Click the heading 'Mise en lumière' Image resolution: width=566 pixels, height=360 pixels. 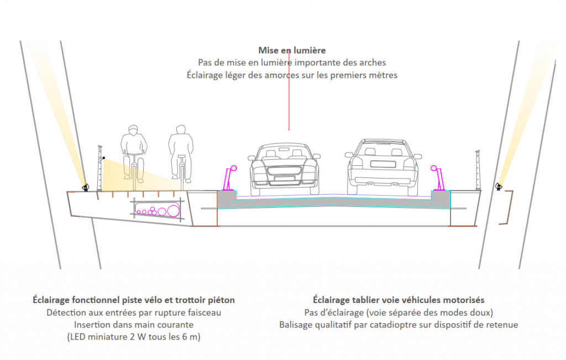[292, 50]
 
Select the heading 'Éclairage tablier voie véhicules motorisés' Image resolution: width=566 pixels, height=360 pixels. [399, 300]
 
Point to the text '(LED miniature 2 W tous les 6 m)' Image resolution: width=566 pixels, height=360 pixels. [133, 337]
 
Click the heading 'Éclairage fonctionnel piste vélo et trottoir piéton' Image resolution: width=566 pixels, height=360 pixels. [133, 300]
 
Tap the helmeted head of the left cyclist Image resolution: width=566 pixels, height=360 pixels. [133, 131]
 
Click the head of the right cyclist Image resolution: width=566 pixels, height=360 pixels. [180, 130]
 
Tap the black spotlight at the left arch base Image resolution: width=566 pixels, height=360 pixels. [85, 187]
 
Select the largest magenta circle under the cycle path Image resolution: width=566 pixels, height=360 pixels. [173, 210]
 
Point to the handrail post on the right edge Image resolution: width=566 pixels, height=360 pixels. [476, 169]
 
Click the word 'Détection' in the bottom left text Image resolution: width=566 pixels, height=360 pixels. [65, 312]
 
